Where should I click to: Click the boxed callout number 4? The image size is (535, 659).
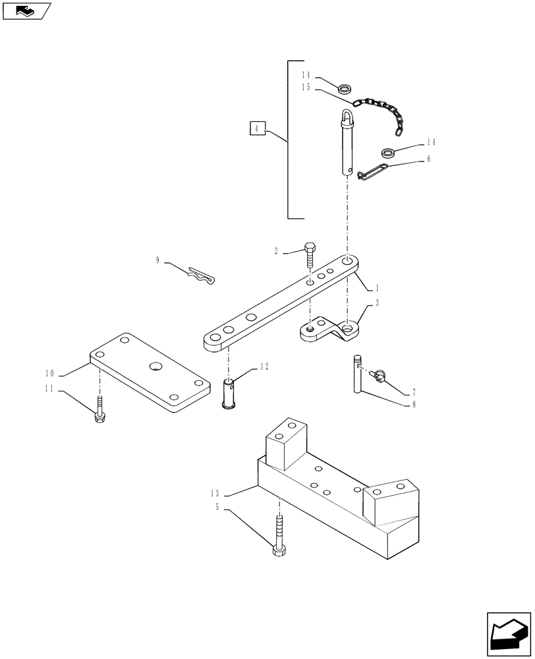click(258, 129)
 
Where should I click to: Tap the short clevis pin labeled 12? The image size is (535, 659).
click(229, 394)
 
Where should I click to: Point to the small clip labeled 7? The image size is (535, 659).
click(379, 376)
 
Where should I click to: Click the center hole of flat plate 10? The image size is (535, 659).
click(155, 366)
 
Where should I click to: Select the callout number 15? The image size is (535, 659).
click(305, 88)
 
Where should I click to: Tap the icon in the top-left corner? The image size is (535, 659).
click(26, 11)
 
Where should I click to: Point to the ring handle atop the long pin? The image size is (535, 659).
click(347, 119)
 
